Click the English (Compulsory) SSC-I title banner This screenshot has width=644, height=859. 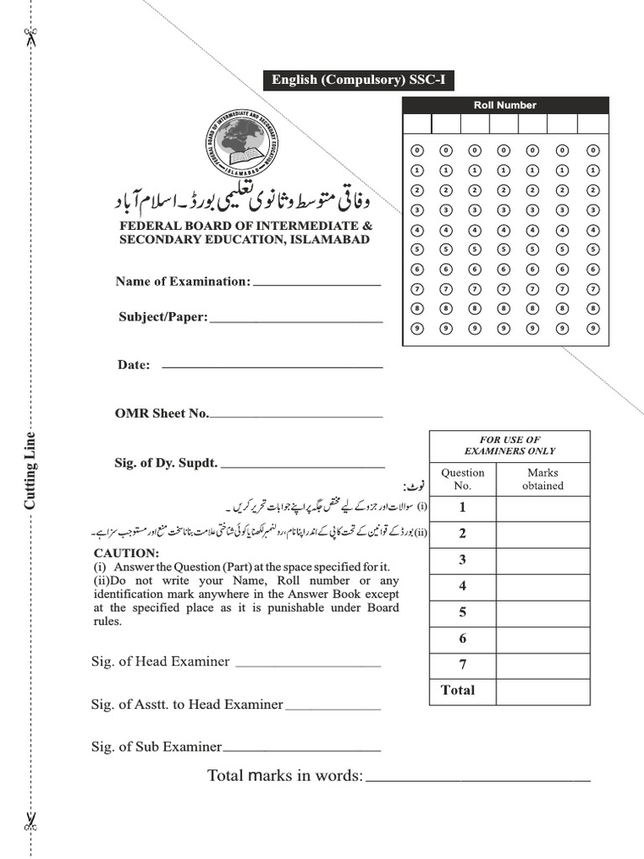(x=358, y=81)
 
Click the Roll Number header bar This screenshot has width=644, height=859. (x=505, y=105)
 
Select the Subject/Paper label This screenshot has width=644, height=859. (x=163, y=317)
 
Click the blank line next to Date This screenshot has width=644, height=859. (x=272, y=367)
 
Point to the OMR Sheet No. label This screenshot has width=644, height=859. (x=162, y=414)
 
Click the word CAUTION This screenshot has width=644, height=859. (x=126, y=554)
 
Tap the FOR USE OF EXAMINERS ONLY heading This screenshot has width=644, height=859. (x=509, y=445)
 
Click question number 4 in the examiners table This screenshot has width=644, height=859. (x=462, y=586)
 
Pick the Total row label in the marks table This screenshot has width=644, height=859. (x=458, y=690)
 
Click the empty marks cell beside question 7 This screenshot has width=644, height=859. (x=542, y=664)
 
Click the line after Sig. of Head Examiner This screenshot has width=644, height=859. (x=308, y=665)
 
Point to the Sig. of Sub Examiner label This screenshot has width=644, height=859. (x=156, y=747)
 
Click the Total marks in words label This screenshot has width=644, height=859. (x=285, y=776)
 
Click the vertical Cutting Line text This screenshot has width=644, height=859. (x=30, y=471)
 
